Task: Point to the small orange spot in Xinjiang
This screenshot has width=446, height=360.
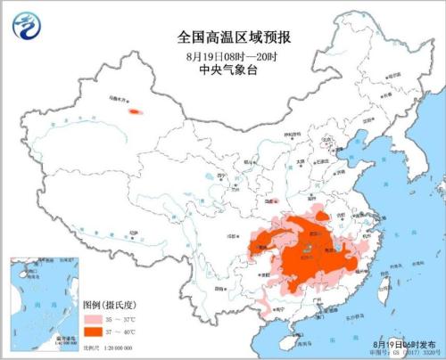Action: pos(136,112)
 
